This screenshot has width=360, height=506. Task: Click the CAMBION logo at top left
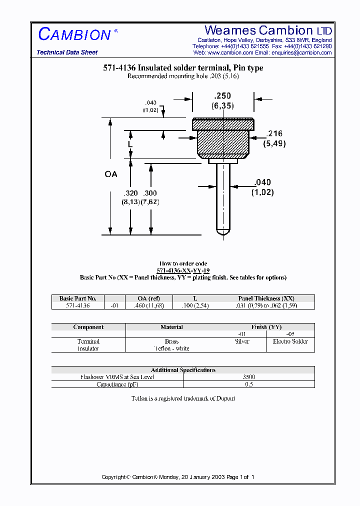pos(75,34)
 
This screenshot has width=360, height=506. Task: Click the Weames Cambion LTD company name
pos(268,30)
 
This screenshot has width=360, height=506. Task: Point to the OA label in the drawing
pos(111,174)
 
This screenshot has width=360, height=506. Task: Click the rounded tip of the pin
pos(222,232)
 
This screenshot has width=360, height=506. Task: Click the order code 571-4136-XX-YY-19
pos(183,270)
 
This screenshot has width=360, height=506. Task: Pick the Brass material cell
pos(171,341)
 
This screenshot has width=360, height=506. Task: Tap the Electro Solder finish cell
pos(290,341)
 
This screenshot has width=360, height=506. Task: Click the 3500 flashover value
pos(248,377)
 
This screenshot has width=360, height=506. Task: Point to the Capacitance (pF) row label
pos(117,384)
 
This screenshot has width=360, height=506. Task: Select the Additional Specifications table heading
pos(183,370)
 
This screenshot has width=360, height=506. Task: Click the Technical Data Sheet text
pos(67,52)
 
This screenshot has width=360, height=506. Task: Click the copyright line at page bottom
pos(178,477)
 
